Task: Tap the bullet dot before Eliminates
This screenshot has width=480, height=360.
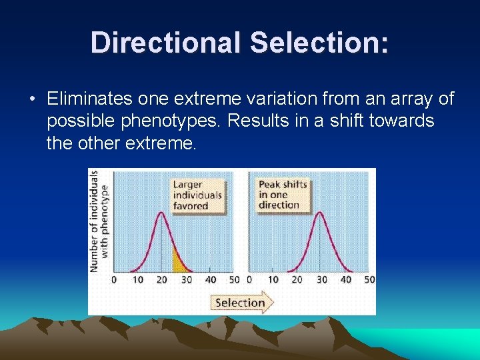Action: click(32, 100)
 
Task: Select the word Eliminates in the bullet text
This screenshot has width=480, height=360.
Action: click(89, 99)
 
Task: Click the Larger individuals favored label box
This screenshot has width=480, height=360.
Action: click(197, 195)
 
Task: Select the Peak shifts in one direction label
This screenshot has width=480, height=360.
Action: click(282, 195)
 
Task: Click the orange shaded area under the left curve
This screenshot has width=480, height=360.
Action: click(179, 262)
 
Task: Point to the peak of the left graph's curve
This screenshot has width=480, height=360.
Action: click(161, 213)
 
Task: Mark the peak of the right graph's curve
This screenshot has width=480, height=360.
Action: click(321, 213)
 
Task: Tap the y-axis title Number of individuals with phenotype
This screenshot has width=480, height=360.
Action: click(99, 221)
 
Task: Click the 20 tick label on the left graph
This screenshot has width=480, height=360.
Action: click(161, 280)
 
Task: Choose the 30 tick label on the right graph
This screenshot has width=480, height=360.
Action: click(321, 280)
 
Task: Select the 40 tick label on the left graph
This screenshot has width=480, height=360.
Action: click(210, 280)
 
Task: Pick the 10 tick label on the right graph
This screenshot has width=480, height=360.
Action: click(273, 280)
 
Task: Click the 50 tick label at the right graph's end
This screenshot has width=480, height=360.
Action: click(369, 280)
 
